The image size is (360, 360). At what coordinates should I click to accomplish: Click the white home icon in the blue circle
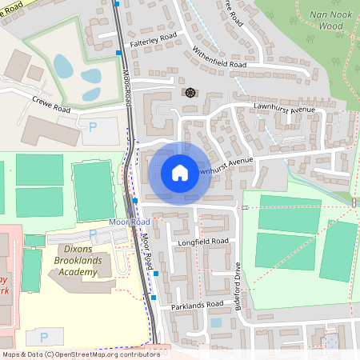(179, 172)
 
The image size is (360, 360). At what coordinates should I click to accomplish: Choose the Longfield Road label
(203, 241)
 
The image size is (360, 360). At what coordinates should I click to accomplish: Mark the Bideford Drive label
(238, 285)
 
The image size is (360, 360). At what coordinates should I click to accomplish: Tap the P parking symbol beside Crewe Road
(91, 126)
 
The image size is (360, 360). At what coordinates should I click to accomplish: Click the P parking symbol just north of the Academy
(93, 234)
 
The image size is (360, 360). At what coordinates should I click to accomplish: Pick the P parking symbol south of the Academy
(44, 337)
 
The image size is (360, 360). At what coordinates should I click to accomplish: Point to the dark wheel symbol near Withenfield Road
(190, 93)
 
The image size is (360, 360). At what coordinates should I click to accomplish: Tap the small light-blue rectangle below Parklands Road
(215, 323)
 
